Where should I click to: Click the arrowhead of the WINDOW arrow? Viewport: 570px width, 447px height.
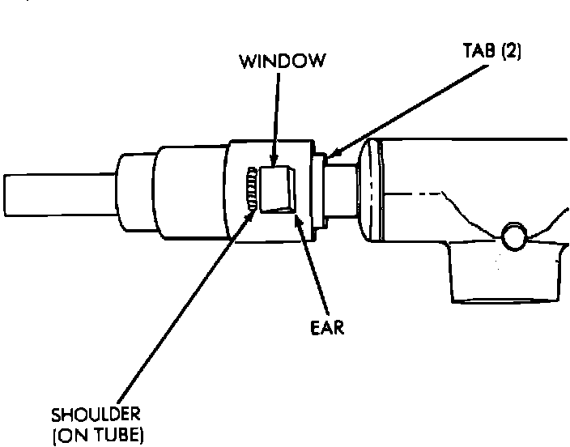(x=275, y=162)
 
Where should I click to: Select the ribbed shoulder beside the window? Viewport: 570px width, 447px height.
(x=253, y=189)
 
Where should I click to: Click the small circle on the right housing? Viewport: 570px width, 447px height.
(x=513, y=236)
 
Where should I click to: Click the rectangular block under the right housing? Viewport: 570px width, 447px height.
(x=502, y=275)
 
